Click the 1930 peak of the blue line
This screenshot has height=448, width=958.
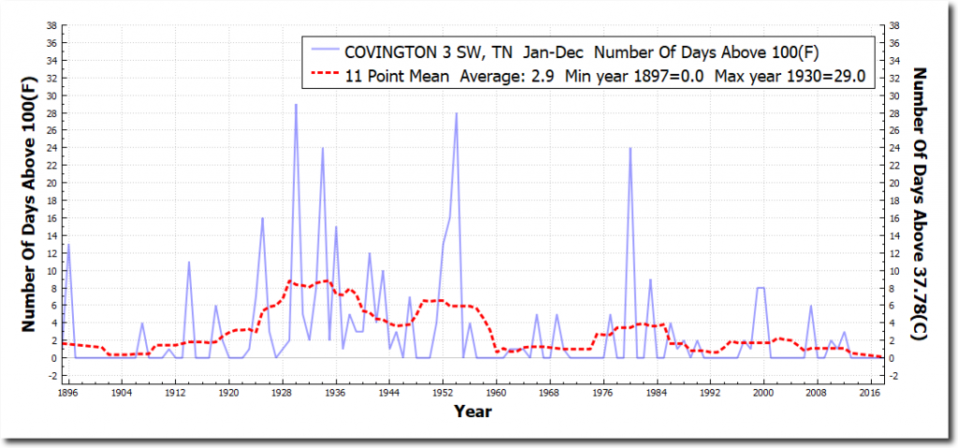coord(296,105)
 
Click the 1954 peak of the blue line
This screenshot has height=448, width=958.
coord(457,113)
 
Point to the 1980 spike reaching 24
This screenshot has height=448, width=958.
coord(631,149)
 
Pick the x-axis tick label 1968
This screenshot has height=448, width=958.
coord(549,394)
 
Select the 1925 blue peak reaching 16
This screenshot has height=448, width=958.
coord(263,218)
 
